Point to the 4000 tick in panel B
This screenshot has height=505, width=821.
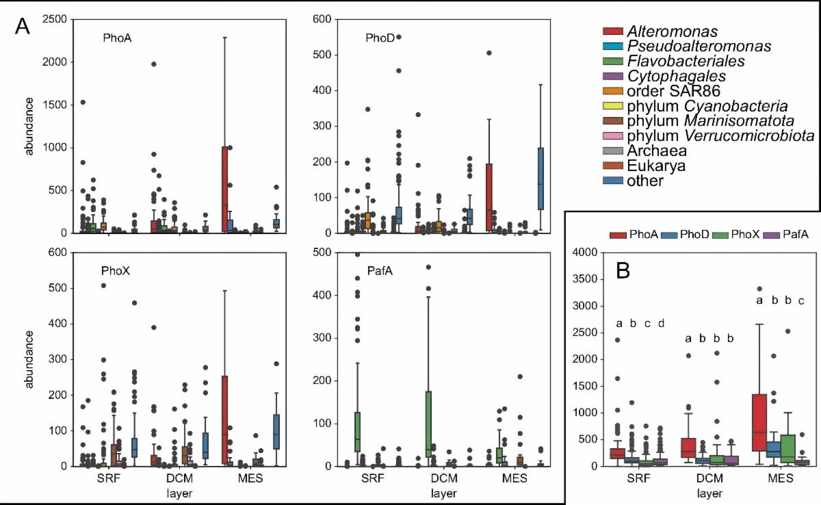(x=584, y=252)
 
